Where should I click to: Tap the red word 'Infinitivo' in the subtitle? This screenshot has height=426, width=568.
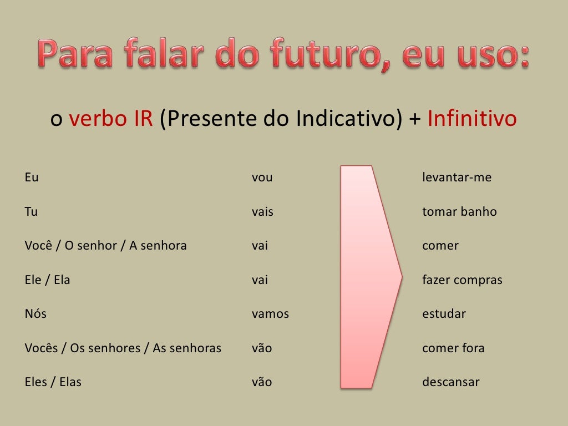(472, 119)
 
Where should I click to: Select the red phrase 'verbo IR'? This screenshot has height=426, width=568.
(110, 119)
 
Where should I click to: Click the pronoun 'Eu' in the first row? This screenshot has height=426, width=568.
(32, 178)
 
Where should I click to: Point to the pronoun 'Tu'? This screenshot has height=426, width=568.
(31, 212)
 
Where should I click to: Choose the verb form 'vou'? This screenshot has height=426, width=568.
(262, 178)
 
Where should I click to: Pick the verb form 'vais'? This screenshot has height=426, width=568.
(262, 212)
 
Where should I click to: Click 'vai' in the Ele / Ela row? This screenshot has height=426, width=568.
(260, 280)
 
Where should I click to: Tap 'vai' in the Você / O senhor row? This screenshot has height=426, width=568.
(260, 246)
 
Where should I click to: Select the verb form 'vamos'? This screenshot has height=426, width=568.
(270, 314)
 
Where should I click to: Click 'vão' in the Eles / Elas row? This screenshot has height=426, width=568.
(262, 382)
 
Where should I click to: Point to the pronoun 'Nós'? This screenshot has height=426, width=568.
(35, 314)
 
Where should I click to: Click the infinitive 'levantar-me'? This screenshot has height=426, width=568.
(457, 178)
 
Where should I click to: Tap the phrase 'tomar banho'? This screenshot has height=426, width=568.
(459, 212)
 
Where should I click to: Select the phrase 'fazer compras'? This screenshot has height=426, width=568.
(462, 280)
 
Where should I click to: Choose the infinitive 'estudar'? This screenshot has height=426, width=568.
(444, 314)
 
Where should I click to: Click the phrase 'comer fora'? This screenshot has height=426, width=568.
(453, 348)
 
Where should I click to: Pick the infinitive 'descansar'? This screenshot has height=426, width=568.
(450, 382)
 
